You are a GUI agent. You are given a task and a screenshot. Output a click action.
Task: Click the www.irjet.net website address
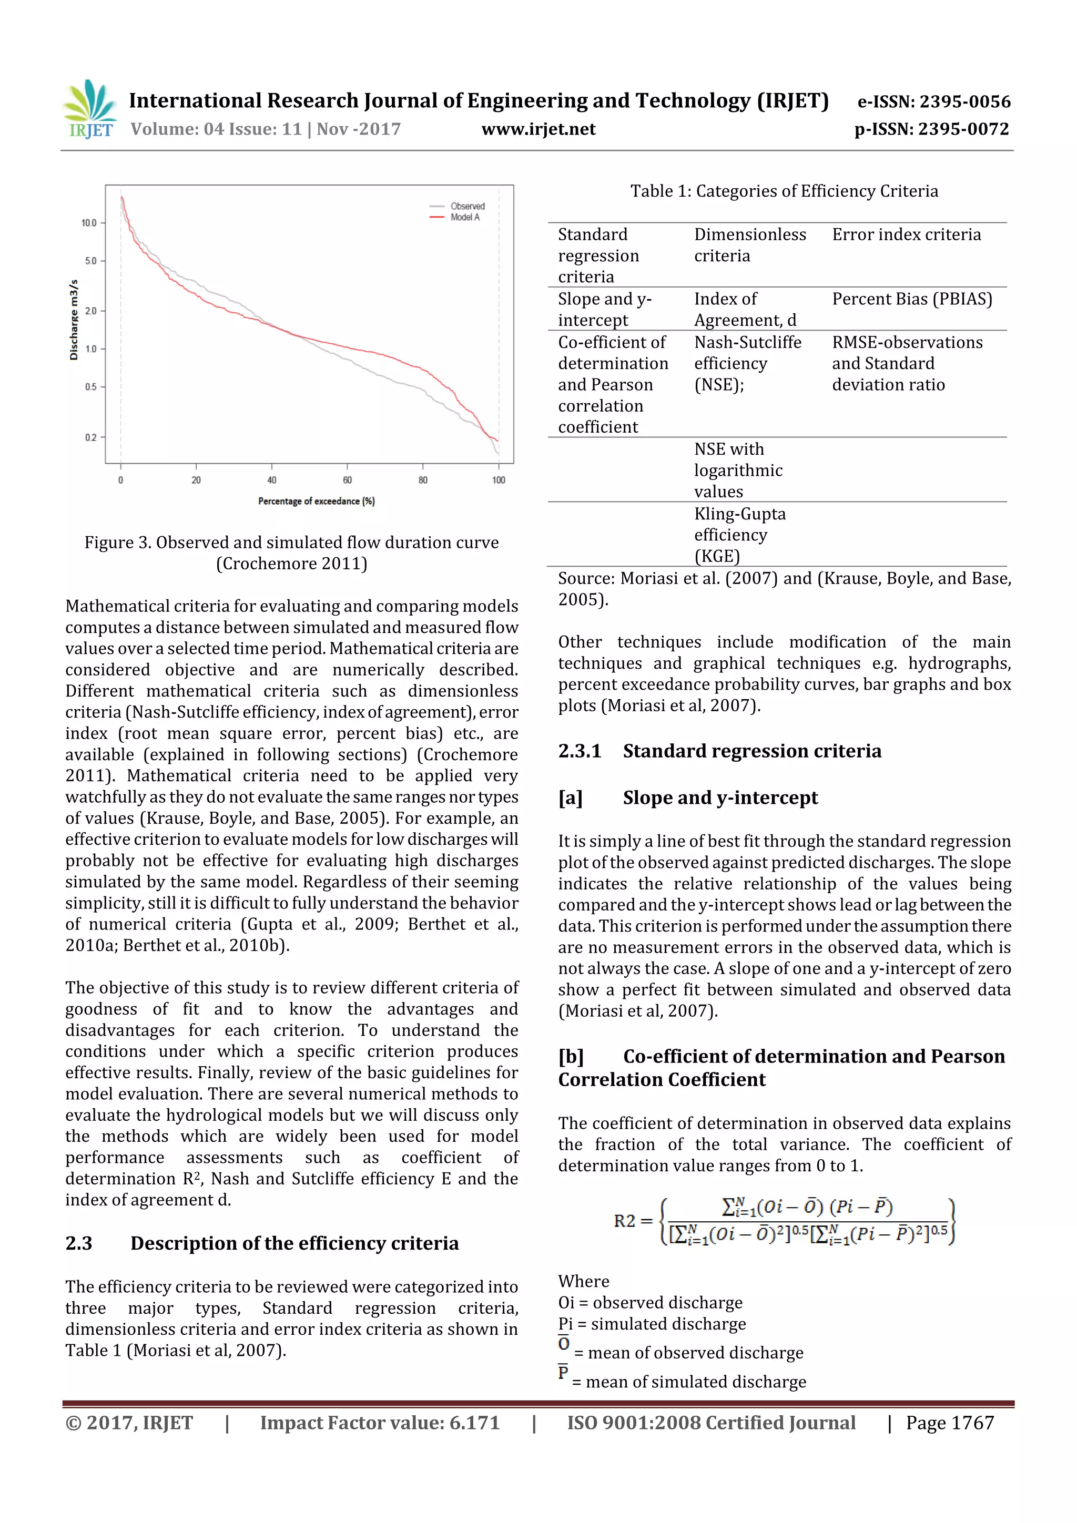(538, 129)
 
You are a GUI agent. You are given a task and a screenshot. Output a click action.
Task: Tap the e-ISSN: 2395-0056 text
(933, 101)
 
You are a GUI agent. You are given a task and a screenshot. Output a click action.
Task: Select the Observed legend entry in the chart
(467, 206)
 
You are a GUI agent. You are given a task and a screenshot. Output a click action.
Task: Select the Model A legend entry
(464, 218)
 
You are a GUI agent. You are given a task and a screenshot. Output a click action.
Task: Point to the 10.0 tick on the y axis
(89, 223)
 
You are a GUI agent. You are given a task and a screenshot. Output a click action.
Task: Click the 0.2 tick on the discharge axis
(90, 437)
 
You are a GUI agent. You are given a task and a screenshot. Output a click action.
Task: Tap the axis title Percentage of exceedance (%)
(317, 501)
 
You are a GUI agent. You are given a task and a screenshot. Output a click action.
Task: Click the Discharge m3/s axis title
(74, 320)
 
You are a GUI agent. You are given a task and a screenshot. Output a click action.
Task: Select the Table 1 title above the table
(784, 192)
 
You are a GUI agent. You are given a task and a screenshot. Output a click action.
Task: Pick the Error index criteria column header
(906, 235)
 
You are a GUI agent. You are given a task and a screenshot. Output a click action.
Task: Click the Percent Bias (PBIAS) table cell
(912, 299)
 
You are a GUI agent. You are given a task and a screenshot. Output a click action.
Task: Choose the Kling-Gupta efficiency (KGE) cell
(739, 535)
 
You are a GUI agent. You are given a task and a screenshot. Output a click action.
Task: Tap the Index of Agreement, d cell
(745, 310)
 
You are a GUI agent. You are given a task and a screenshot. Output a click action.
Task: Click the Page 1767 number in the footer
(950, 1423)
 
